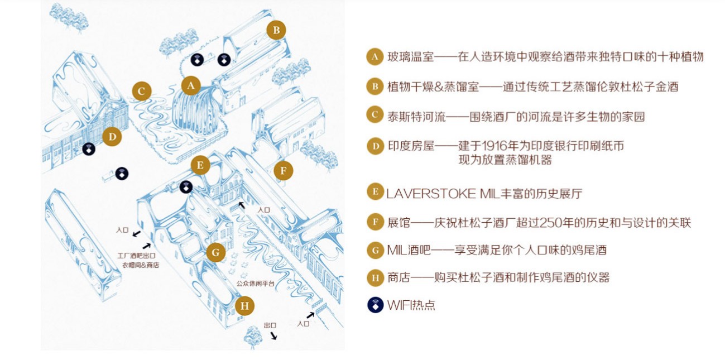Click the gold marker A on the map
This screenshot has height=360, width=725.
pyautogui.click(x=191, y=86)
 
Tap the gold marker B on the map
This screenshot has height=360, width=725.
pyautogui.click(x=276, y=30)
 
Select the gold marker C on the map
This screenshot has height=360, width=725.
pyautogui.click(x=142, y=91)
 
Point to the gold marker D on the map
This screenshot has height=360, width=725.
pyautogui.click(x=112, y=136)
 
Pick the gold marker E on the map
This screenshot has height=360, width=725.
pyautogui.click(x=200, y=165)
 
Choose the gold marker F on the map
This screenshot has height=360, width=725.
pyautogui.click(x=284, y=171)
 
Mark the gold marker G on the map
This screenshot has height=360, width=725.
pyautogui.click(x=215, y=252)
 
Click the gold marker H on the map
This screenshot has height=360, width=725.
pyautogui.click(x=244, y=306)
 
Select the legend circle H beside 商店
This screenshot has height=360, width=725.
pyautogui.click(x=374, y=277)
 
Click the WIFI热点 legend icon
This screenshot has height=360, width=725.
pyautogui.click(x=375, y=305)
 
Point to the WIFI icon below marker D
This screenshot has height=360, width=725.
pyautogui.click(x=89, y=149)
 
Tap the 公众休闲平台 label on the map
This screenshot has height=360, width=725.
pyautogui.click(x=255, y=284)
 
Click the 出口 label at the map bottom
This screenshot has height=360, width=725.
pyautogui.click(x=270, y=325)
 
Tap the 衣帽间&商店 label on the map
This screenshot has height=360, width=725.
pyautogui.click(x=141, y=265)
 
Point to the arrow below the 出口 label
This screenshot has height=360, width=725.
pyautogui.click(x=273, y=335)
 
